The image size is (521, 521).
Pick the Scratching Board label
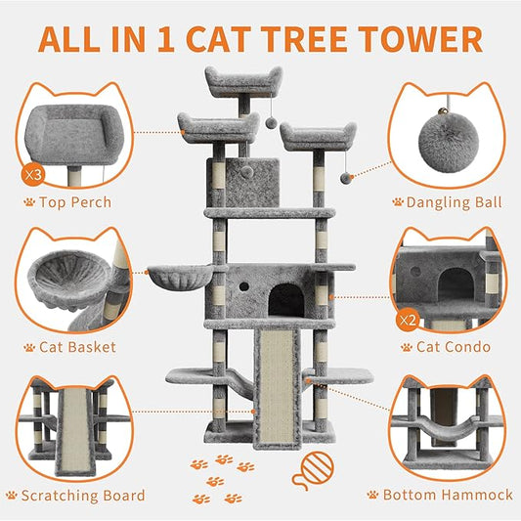coord(83,495)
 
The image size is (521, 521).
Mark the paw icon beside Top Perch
coord(29,202)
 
